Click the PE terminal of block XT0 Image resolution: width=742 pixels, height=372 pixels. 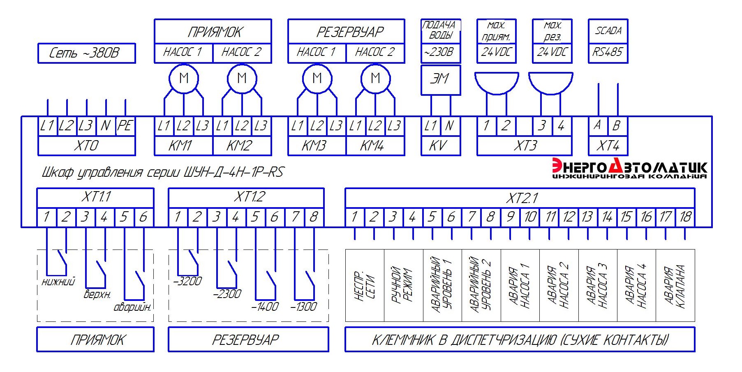pyautogui.click(x=125, y=125)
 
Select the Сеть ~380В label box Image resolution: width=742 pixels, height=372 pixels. pyautogui.click(x=86, y=53)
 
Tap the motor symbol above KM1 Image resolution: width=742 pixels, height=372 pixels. pyautogui.click(x=184, y=78)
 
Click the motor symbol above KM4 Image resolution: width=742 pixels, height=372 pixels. pyautogui.click(x=375, y=78)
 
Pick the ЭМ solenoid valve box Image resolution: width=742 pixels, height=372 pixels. pyautogui.click(x=440, y=79)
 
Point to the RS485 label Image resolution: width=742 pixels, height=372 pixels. pyautogui.click(x=608, y=52)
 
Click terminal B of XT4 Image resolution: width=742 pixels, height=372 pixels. pyautogui.click(x=617, y=125)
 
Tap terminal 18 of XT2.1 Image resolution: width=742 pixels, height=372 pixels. pyautogui.click(x=685, y=217)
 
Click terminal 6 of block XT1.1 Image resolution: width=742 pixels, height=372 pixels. pyautogui.click(x=143, y=217)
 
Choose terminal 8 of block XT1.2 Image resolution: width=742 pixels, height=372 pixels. pyautogui.click(x=314, y=217)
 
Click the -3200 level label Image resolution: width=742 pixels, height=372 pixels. pyautogui.click(x=188, y=282)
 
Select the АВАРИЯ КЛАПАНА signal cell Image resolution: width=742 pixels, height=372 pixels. pyautogui.click(x=675, y=285)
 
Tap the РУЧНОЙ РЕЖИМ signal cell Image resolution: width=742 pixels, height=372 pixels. pyautogui.click(x=403, y=285)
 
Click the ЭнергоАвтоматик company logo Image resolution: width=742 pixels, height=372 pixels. pyautogui.click(x=629, y=169)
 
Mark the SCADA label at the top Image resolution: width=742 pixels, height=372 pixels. pyautogui.click(x=608, y=31)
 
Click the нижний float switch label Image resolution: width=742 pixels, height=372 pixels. pyautogui.click(x=59, y=282)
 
